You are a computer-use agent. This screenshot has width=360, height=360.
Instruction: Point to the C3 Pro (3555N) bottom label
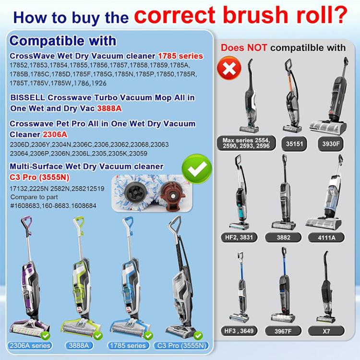(x=182, y=346)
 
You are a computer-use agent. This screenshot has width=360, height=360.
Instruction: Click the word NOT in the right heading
(x=258, y=48)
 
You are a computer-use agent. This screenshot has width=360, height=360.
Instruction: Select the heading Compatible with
(x=63, y=40)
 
